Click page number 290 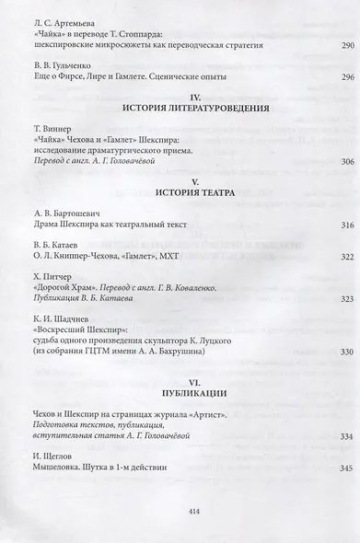tap(320, 44)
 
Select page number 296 tap(320, 76)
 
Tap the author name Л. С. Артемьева tap(63, 18)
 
